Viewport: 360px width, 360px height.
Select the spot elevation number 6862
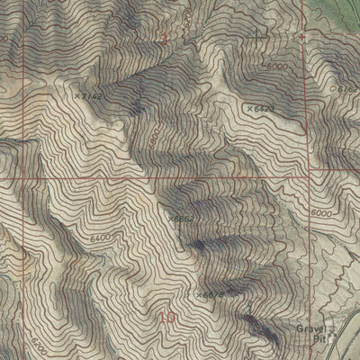pos(184,218)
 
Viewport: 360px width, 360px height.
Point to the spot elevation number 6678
pos(211,293)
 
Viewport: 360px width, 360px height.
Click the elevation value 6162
pos(349,89)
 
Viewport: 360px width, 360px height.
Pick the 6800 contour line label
pos(154,134)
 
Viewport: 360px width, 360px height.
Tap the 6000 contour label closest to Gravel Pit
pos(321,212)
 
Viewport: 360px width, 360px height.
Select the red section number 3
pos(163,40)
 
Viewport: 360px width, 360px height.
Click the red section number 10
pos(166,317)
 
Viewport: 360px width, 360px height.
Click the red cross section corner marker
pos(302,37)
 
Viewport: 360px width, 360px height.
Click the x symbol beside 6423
pos(248,108)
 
